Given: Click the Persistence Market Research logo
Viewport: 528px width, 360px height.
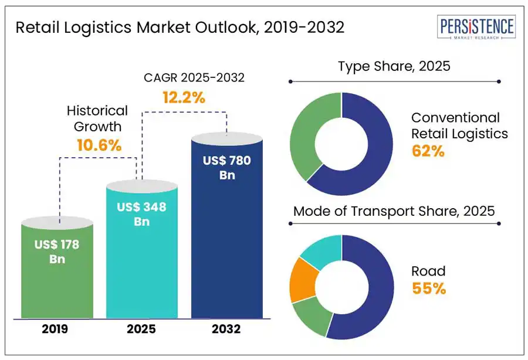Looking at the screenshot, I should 476,28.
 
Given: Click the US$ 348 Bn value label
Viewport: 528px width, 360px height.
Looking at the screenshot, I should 141,214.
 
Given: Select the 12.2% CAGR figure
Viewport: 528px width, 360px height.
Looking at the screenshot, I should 184,98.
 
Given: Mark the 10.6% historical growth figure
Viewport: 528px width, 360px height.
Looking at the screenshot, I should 100,145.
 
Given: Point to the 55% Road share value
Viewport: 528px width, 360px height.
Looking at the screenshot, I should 428,288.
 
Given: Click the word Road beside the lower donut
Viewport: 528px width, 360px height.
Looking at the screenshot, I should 428,271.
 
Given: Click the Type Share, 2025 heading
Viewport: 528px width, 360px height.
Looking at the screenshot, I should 394,66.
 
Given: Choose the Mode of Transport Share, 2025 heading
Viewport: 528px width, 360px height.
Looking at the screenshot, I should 394,211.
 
